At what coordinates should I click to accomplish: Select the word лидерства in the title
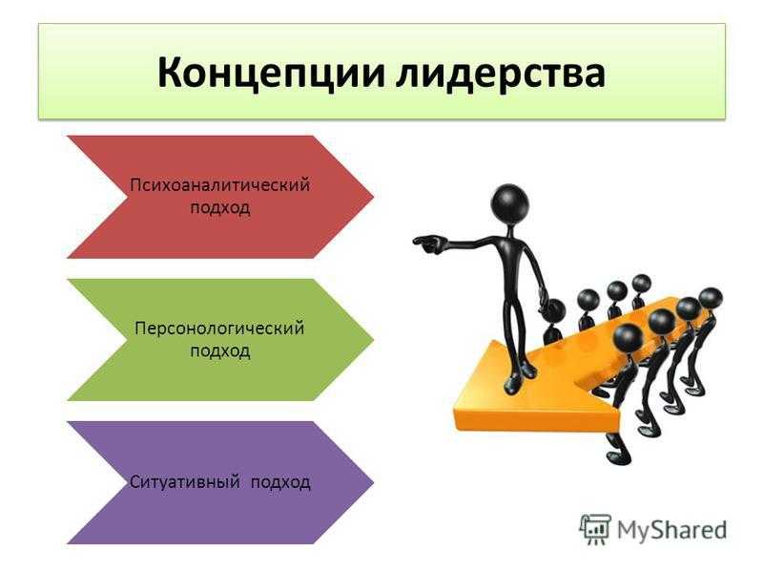click(x=502, y=74)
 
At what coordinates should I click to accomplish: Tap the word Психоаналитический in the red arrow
click(x=220, y=185)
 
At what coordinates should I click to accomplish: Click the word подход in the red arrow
click(x=220, y=208)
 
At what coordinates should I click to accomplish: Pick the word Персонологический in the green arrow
click(x=220, y=329)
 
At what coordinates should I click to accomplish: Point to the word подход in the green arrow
click(x=220, y=350)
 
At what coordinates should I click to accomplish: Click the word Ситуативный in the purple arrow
click(x=185, y=482)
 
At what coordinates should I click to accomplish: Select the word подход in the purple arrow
click(x=280, y=482)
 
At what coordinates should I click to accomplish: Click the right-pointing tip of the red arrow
click(x=373, y=197)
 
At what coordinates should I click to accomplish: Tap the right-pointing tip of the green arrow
click(x=373, y=340)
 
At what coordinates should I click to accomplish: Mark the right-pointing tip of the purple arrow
click(x=373, y=482)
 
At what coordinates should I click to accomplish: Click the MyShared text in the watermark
click(x=672, y=530)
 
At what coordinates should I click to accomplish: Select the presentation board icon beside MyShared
click(x=595, y=529)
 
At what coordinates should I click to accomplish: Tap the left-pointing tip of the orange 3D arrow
click(x=456, y=414)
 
